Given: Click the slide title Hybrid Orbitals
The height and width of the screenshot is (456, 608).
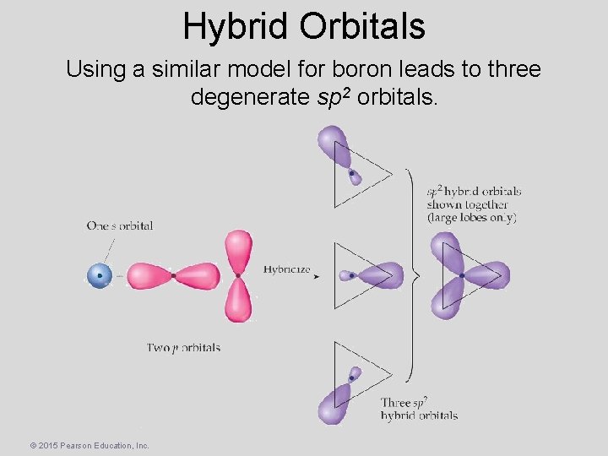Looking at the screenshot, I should point(304,26).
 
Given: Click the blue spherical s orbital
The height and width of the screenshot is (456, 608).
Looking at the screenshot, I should point(100,275).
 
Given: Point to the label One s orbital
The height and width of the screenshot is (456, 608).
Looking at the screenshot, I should point(119,225).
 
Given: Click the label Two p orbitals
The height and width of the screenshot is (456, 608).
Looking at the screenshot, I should point(183,347).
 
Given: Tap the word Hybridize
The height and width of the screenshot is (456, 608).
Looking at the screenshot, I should point(286,270).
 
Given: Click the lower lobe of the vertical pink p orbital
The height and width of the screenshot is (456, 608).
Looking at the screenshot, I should point(239,301).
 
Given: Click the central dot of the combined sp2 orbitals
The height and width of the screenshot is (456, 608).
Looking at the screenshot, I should point(462,275).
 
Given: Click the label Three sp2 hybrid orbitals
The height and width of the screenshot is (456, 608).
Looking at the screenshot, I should point(419,409).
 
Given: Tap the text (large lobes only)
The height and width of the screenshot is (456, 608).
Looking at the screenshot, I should point(471,217).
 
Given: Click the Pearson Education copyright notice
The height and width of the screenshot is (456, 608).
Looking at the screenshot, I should point(90,444).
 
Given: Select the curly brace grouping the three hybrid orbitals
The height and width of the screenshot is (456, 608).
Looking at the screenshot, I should point(411,274).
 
